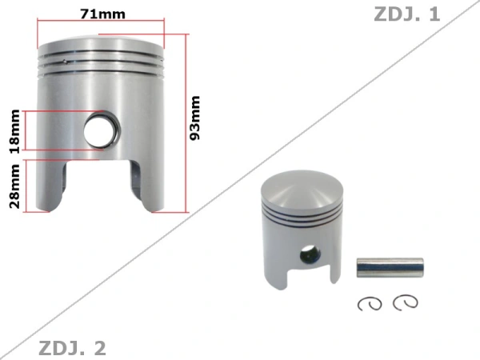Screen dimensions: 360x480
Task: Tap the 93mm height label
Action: click(194, 118)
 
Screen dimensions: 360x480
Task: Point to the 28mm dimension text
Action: click(14, 186)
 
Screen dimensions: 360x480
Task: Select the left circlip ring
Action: click(370, 304)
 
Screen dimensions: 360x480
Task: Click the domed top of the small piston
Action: click(302, 190)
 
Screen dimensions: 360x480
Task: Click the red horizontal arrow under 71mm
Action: click(100, 25)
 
